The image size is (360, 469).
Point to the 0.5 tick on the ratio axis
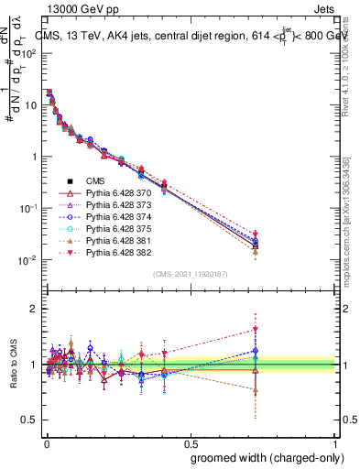tap(29, 420)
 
